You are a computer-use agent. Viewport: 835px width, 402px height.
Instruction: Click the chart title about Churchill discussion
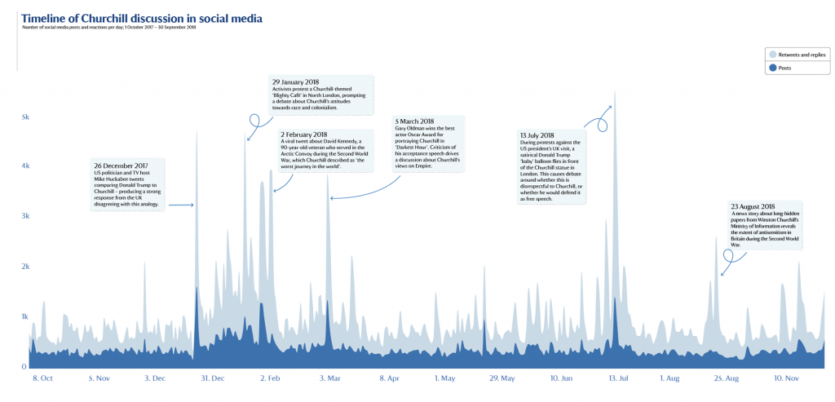tap(142, 17)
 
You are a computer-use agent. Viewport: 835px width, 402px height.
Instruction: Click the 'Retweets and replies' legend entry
tap(799, 54)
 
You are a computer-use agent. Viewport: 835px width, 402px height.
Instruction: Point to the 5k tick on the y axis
tap(24, 117)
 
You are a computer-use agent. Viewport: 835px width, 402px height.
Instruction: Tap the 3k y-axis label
tap(24, 216)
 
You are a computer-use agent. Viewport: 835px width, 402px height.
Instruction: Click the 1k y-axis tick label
tap(24, 316)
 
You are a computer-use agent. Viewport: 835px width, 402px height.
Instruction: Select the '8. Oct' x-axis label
tap(42, 378)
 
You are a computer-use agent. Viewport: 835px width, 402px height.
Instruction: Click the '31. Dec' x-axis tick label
tap(213, 378)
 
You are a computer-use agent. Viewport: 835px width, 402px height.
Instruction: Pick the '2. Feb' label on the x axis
tap(270, 378)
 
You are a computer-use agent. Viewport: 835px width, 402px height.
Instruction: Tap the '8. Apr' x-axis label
tap(389, 378)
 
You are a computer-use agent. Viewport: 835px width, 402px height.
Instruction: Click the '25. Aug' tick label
tap(727, 378)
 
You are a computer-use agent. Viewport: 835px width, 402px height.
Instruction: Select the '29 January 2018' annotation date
tap(295, 82)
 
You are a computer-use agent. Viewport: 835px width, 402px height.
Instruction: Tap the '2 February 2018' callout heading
tap(303, 135)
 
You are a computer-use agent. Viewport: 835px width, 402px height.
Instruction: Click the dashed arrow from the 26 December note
tap(181, 205)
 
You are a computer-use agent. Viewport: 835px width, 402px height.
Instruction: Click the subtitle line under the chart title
tap(110, 28)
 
